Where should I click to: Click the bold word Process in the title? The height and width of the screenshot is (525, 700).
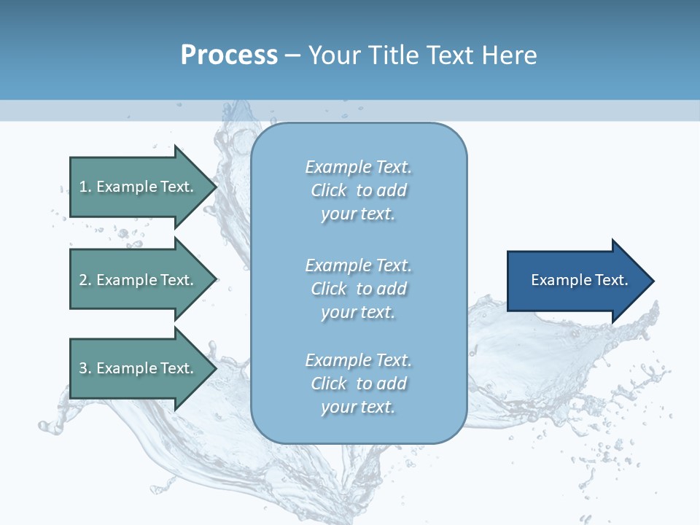[x=229, y=55]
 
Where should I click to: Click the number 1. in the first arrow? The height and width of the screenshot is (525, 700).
[x=85, y=187]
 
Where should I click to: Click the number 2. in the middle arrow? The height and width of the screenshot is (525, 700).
[x=85, y=280]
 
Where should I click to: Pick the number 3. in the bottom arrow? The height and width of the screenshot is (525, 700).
[x=85, y=368]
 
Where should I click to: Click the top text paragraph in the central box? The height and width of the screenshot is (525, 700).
[x=358, y=190]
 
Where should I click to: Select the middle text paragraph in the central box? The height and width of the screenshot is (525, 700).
[x=358, y=289]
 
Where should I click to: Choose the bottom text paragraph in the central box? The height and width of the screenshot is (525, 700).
[x=358, y=384]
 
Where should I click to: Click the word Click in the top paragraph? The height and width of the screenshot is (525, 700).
[x=329, y=190]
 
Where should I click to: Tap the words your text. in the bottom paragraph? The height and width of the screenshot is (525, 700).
[x=358, y=407]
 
